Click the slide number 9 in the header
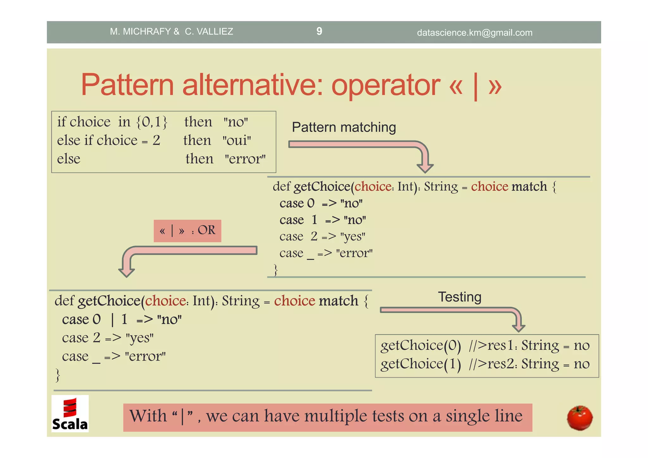(319, 31)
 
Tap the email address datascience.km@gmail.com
(474, 33)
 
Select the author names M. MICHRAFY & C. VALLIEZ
(171, 31)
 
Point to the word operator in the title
(385, 85)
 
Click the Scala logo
(70, 414)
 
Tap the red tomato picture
(580, 418)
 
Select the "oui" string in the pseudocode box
(237, 140)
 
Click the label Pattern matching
(344, 127)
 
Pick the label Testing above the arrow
(459, 297)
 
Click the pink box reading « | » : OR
(187, 231)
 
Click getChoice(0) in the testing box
(421, 345)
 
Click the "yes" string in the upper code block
(352, 236)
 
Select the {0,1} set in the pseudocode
(152, 122)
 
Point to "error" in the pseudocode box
(245, 159)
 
